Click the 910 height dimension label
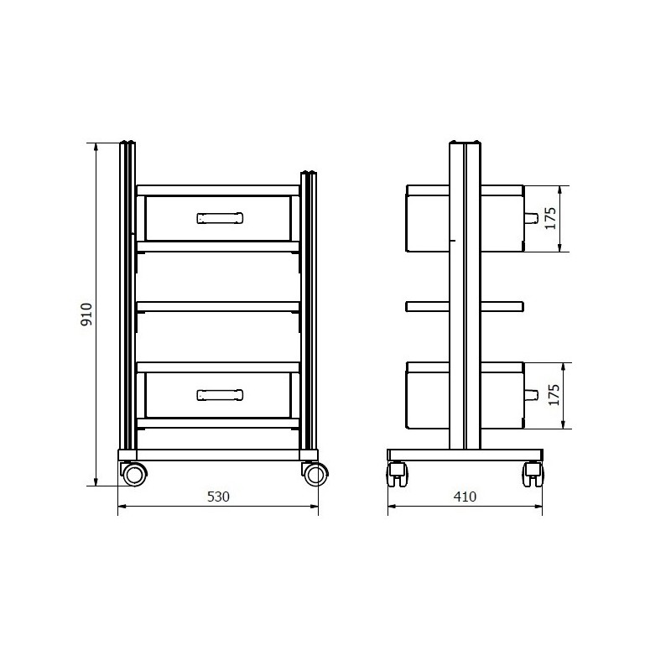pos(86,314)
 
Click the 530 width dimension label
pos(218,497)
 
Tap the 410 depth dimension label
pos(465,497)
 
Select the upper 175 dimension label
pos(550,218)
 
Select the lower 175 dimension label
pos(554,395)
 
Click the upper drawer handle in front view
pos(220,218)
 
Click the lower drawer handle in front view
pos(220,395)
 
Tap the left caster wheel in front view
pos(134,474)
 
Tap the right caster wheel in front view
pos(315,474)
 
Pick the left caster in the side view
pos(398,474)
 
